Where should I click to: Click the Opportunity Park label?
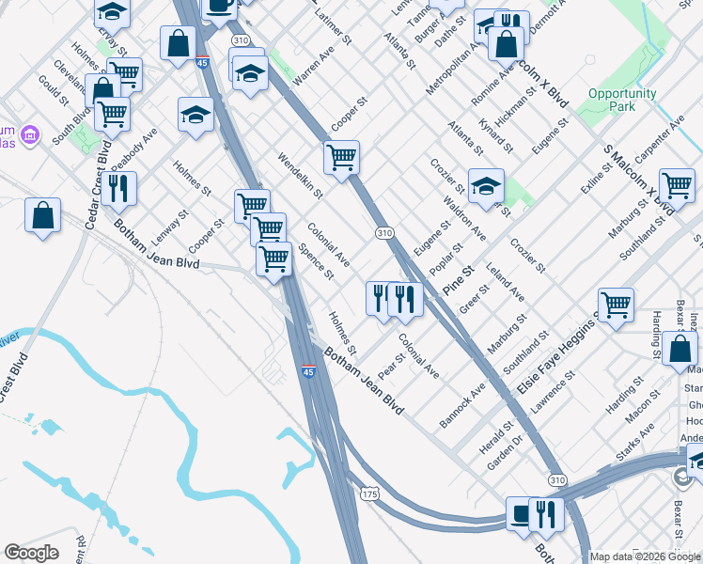[622, 100]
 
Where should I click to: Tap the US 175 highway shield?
[369, 493]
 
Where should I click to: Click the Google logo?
[31, 554]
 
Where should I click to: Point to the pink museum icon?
[30, 135]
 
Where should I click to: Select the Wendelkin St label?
[300, 177]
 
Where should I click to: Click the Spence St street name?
[316, 262]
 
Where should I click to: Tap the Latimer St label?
[334, 27]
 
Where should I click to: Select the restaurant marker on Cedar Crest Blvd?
[118, 187]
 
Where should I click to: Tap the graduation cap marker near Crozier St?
[486, 186]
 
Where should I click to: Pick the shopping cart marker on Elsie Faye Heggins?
[615, 305]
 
